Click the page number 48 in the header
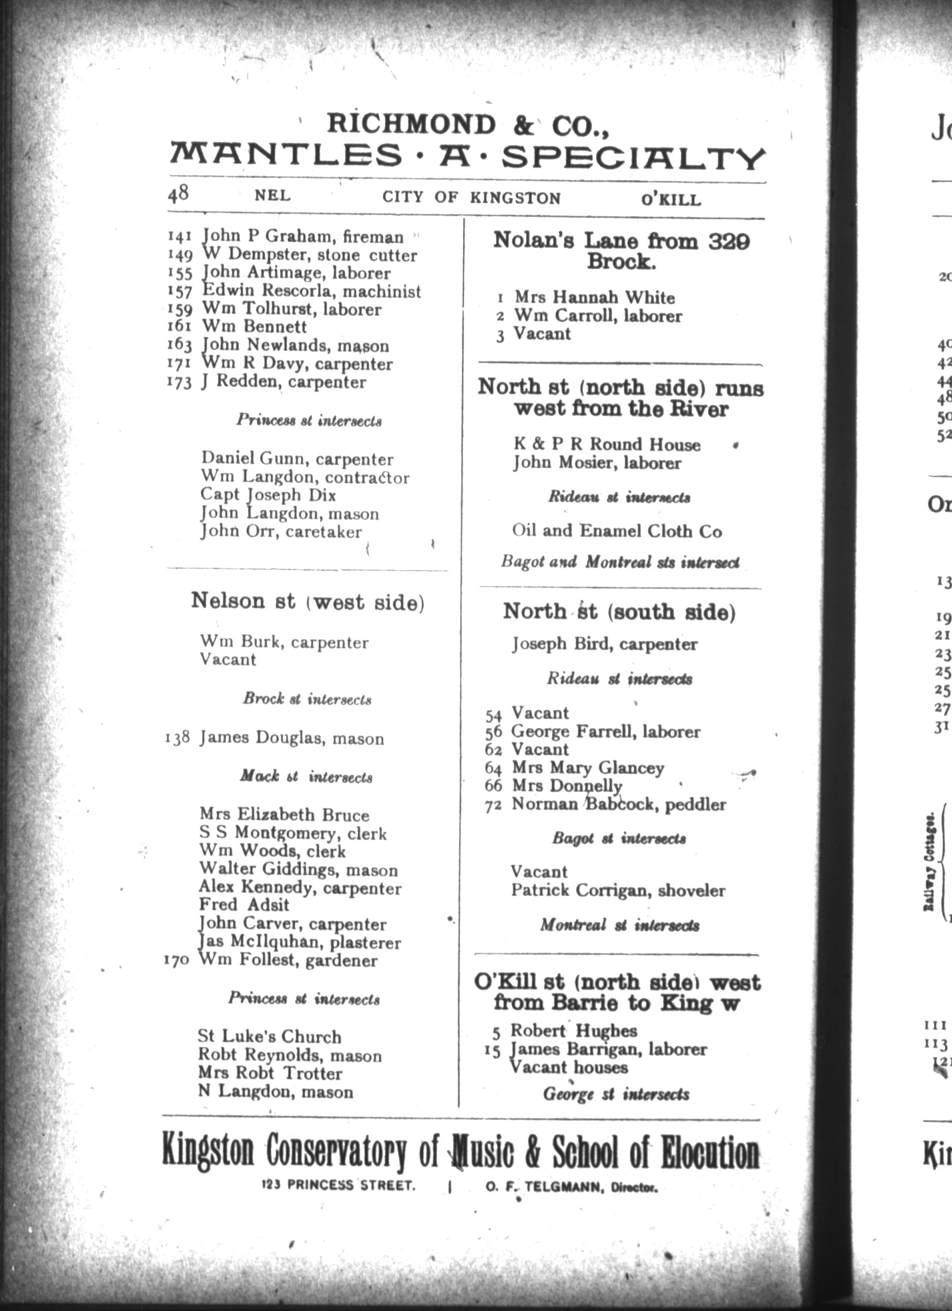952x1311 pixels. click(x=178, y=194)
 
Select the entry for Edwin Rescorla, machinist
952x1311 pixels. click(x=311, y=291)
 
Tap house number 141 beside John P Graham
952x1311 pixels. click(x=180, y=237)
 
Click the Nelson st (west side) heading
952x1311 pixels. click(x=308, y=602)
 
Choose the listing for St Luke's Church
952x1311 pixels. click(x=269, y=1036)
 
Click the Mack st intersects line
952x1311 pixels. click(x=306, y=776)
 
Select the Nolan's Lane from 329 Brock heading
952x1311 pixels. click(x=621, y=251)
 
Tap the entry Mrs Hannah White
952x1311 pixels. click(x=594, y=297)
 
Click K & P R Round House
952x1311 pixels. click(x=607, y=444)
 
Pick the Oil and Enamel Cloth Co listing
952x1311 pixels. click(x=616, y=531)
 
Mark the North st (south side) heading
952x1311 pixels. click(x=619, y=612)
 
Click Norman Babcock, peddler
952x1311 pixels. click(x=618, y=804)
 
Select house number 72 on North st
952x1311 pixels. click(x=492, y=805)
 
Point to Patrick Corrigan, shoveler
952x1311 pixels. click(x=617, y=890)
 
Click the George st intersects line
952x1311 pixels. click(x=616, y=1095)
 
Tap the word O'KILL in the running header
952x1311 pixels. click(x=671, y=200)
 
